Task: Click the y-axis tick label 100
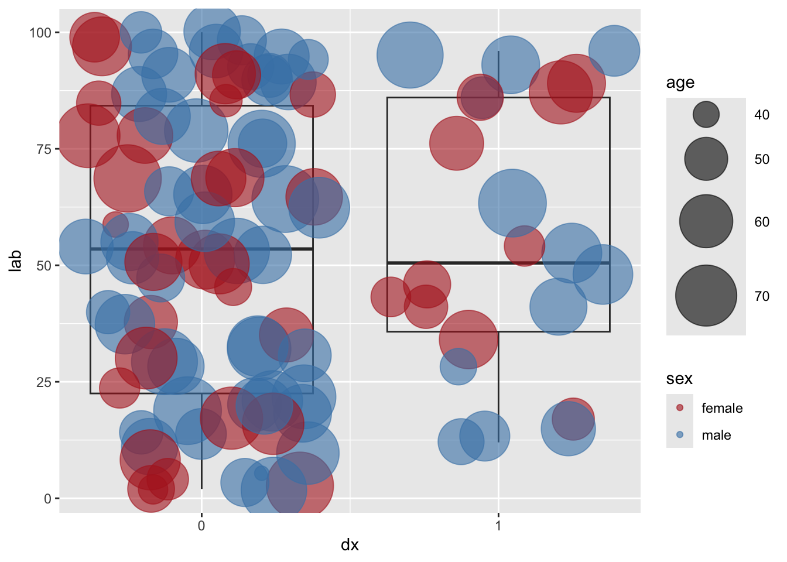40,33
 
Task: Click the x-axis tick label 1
498,525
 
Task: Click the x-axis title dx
350,545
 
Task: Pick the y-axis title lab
16,261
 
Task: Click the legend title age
680,83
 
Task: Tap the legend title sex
679,379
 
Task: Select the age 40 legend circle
706,114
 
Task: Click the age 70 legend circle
706,296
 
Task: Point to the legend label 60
762,222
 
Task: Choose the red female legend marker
680,408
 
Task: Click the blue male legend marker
680,435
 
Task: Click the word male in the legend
716,435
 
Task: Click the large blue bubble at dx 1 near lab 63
512,203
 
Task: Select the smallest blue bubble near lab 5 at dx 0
261,473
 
